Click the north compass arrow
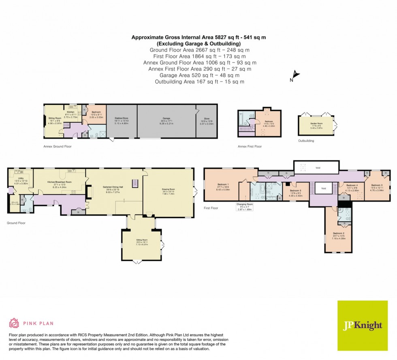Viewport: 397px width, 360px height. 295,75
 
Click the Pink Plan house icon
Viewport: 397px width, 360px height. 14,323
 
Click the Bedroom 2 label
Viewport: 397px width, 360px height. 338,234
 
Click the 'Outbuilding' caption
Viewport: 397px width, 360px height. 306,141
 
